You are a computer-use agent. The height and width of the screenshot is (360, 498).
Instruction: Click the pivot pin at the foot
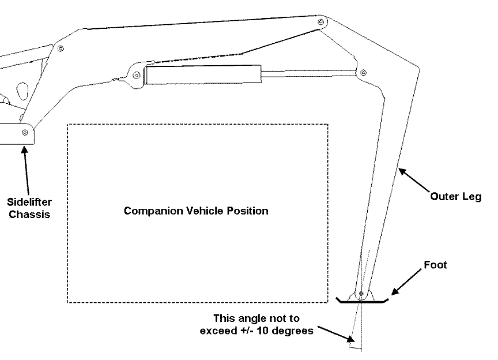click(361, 294)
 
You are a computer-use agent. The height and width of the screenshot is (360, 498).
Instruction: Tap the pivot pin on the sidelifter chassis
click(24, 133)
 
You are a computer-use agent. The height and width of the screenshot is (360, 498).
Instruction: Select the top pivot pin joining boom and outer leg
click(320, 22)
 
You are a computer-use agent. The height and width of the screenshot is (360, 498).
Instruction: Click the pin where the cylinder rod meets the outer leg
click(363, 73)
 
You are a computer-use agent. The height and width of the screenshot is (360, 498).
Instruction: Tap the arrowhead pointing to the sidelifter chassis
click(24, 148)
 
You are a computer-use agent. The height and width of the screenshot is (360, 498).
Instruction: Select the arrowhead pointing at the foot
click(394, 291)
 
